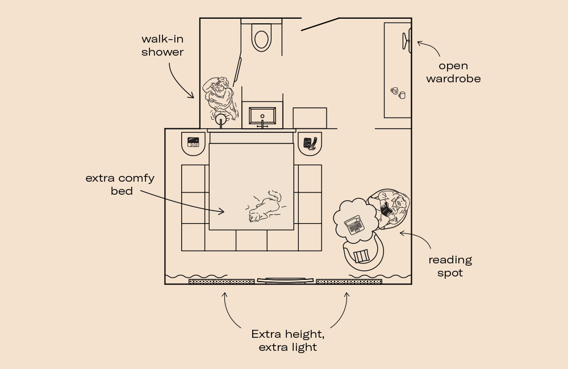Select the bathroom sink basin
pos(262,116)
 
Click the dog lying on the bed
pos(265,207)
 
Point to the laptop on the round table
pos(354,225)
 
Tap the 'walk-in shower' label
pos(162,45)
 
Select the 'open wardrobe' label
pos(453,72)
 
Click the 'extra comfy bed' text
pos(120,184)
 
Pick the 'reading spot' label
pos(450,266)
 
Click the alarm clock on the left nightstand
pos(194,142)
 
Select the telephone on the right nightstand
pos(310,142)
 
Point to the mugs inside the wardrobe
pos(398,93)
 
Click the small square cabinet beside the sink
pos(310,118)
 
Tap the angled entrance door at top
pos(320,24)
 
